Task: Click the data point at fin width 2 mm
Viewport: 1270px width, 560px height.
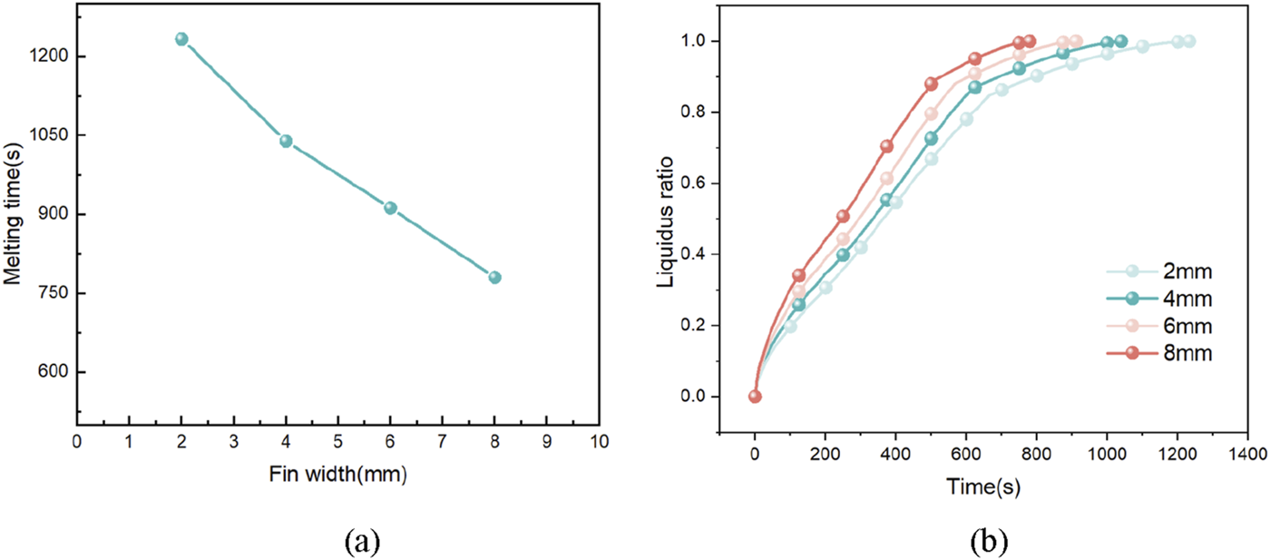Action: (x=181, y=39)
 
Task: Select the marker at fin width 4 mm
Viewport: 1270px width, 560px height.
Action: (x=286, y=141)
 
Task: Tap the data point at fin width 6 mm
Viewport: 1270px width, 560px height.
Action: (x=390, y=208)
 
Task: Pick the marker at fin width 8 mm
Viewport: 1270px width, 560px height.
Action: (x=494, y=278)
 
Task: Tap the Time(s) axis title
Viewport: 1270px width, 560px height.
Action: (x=983, y=486)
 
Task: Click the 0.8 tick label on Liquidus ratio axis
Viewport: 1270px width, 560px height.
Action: (x=698, y=113)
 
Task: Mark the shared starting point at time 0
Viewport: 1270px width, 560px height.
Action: (x=755, y=397)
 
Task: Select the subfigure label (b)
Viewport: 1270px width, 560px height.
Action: (x=986, y=542)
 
